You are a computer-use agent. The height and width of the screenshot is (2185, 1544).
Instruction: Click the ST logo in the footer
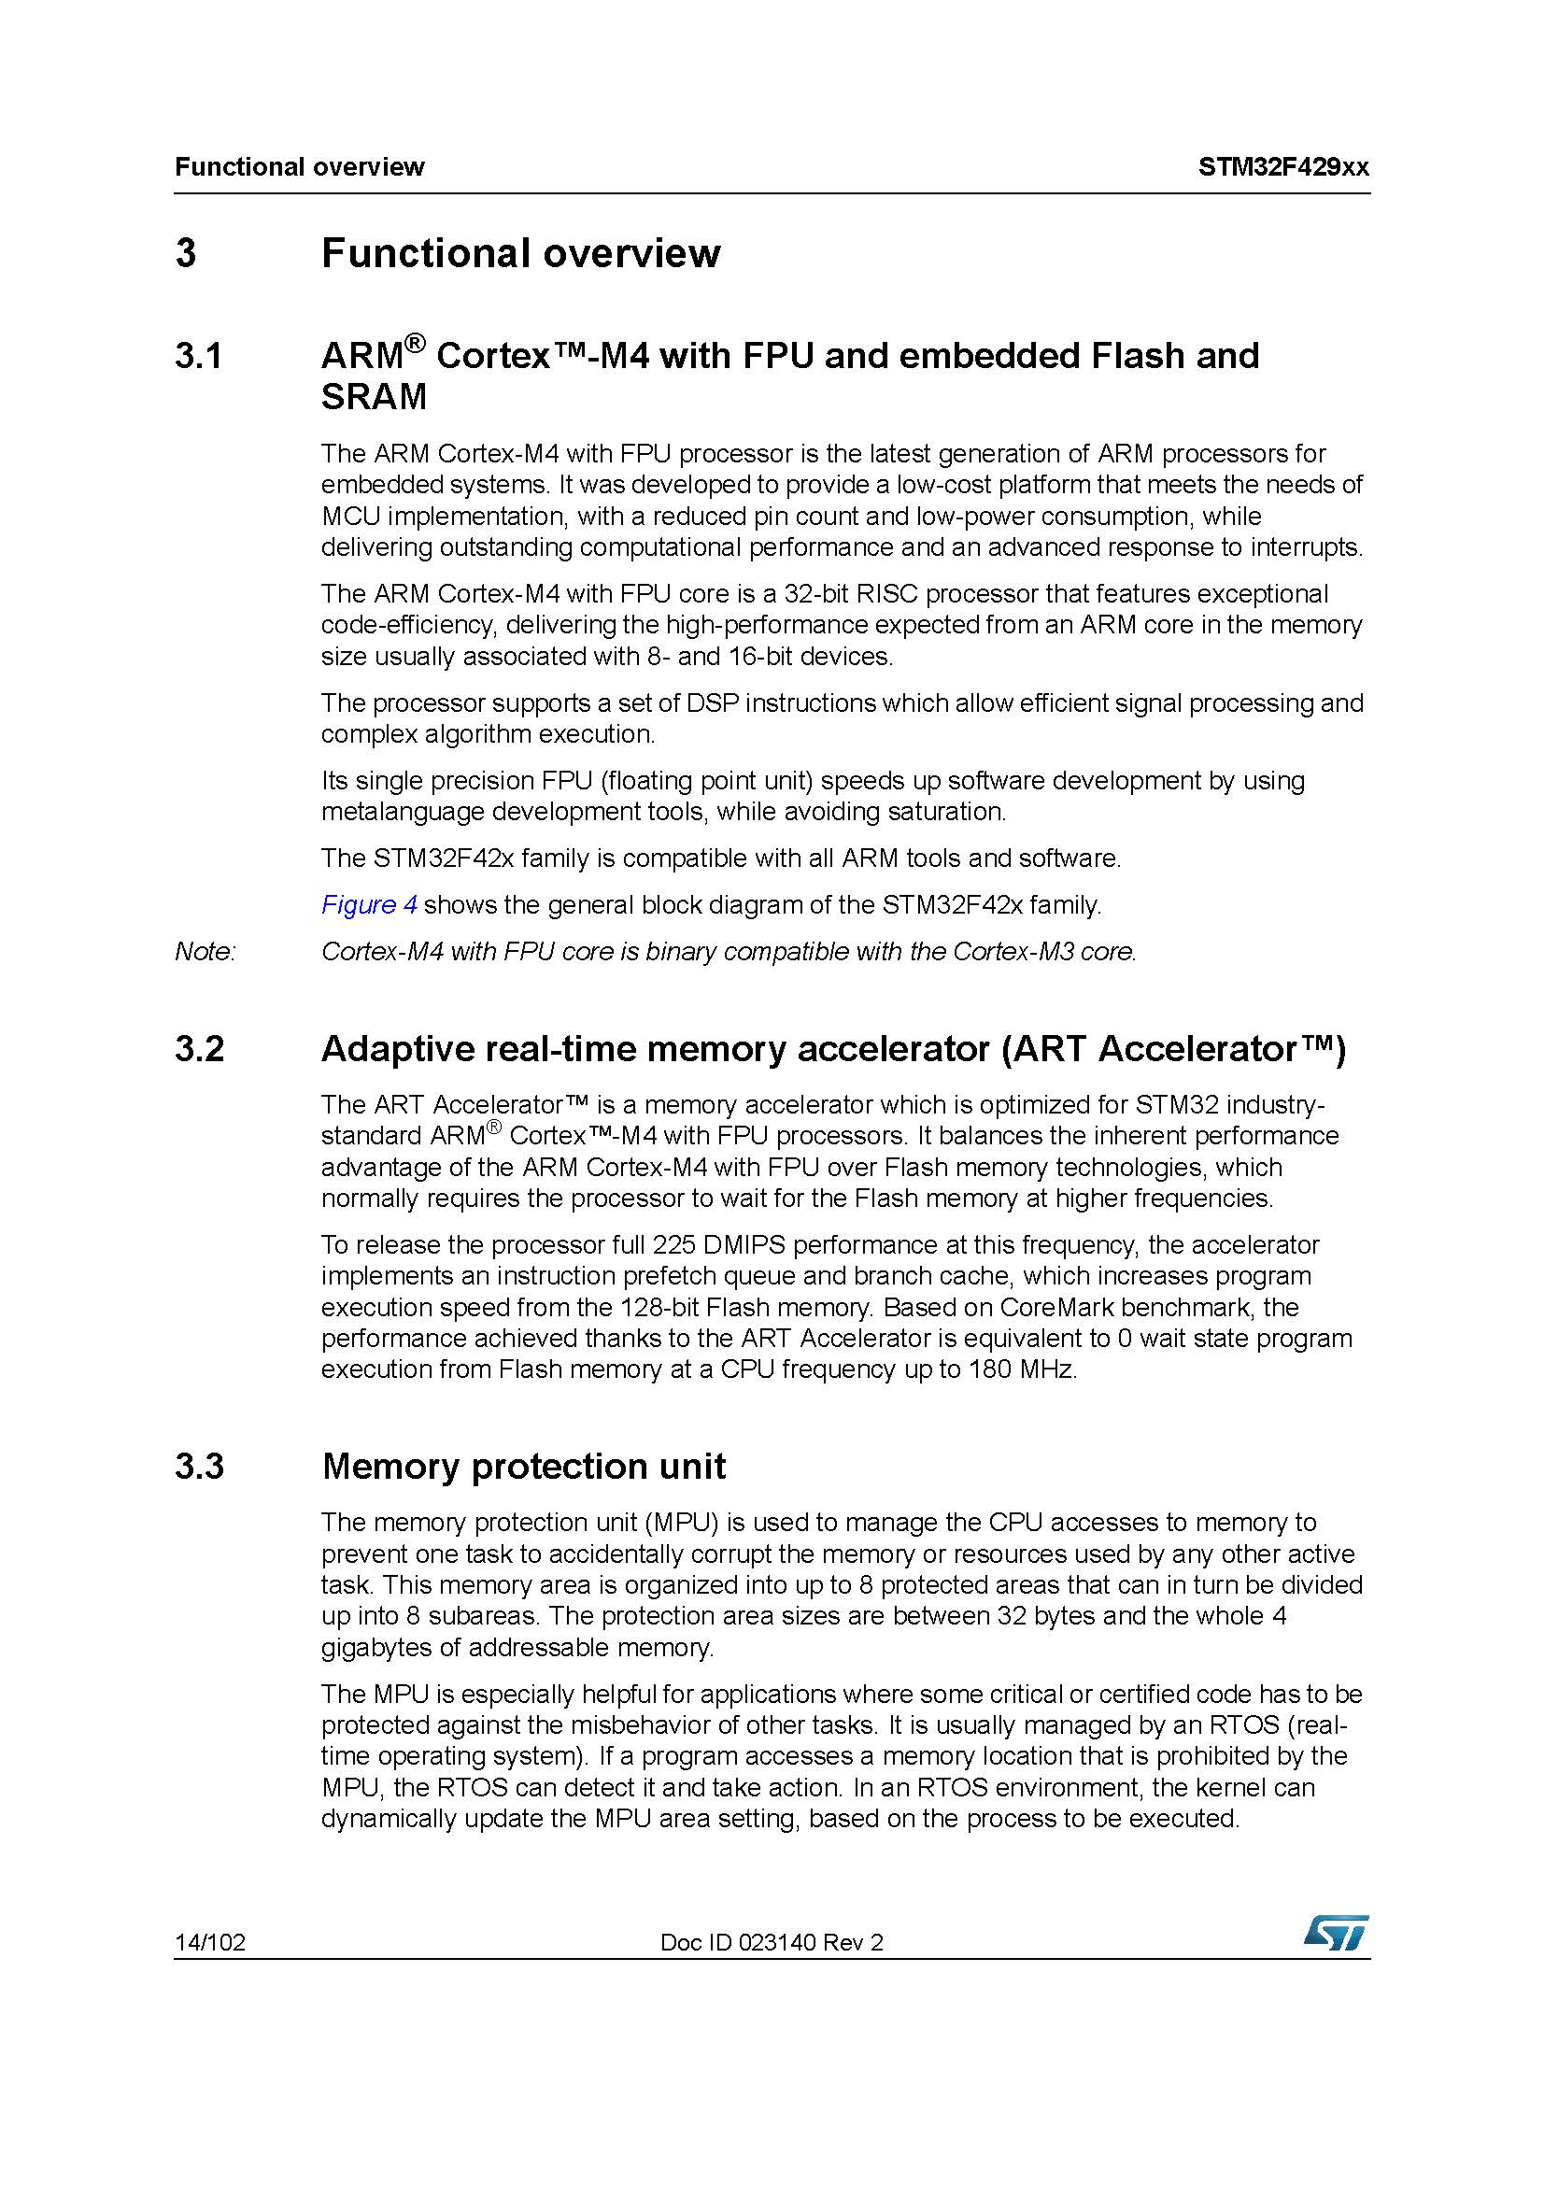pyautogui.click(x=1336, y=1933)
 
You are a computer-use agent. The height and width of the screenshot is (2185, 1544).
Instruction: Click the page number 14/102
pyautogui.click(x=209, y=1942)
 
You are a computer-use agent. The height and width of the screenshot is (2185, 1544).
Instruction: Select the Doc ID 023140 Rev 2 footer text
pyautogui.click(x=772, y=1942)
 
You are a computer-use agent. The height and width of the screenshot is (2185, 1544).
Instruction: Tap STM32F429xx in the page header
pyautogui.click(x=1283, y=167)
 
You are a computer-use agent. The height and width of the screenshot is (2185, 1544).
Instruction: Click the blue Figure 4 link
pyautogui.click(x=369, y=904)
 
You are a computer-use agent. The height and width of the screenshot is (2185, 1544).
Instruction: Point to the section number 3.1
pyautogui.click(x=199, y=356)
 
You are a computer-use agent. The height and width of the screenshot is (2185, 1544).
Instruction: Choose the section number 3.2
pyautogui.click(x=200, y=1049)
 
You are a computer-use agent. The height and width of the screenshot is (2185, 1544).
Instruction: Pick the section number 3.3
pyautogui.click(x=200, y=1467)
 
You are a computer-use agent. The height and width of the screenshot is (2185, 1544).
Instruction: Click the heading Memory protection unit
pyautogui.click(x=523, y=1467)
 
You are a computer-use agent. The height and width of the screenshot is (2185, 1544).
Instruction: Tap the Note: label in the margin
pyautogui.click(x=205, y=951)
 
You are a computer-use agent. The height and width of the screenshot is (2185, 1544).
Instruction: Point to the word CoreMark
pyautogui.click(x=1063, y=1307)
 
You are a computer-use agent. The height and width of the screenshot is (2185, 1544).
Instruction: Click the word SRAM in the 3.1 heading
pyautogui.click(x=374, y=397)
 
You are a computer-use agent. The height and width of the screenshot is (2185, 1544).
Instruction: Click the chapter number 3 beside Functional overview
pyautogui.click(x=186, y=253)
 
